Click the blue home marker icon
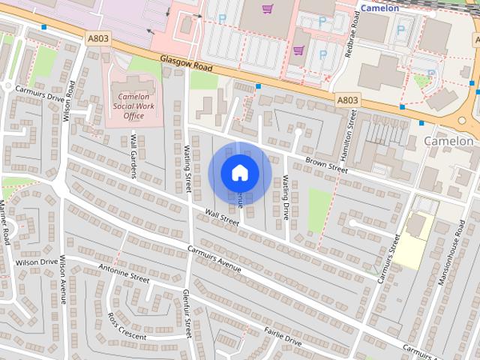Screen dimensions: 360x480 point(239,172)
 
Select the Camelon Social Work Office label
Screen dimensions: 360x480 point(132,106)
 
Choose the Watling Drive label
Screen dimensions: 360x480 point(285,197)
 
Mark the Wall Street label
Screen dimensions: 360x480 point(222,218)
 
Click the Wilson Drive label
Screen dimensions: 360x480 point(37,262)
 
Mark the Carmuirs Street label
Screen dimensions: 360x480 point(385,258)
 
